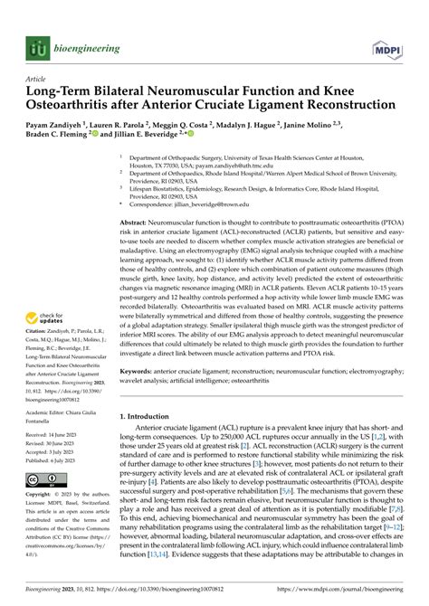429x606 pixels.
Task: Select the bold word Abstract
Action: (135, 223)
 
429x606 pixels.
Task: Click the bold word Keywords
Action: (138, 370)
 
